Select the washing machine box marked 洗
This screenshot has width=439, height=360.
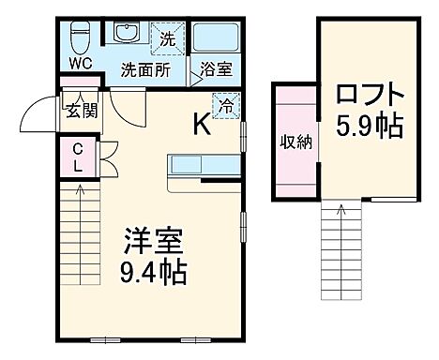(x=166, y=38)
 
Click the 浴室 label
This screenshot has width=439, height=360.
(x=214, y=69)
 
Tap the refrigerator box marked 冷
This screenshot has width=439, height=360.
(x=225, y=105)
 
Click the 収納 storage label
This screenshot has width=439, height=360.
(x=295, y=142)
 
